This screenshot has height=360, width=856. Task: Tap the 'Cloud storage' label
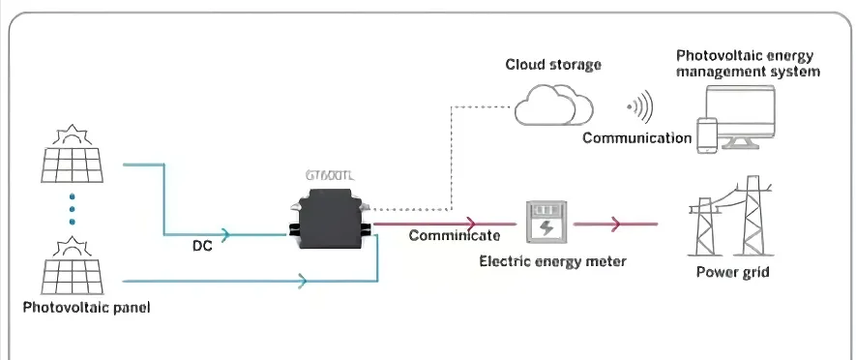[x=553, y=65]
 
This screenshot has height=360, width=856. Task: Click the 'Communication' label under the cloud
[x=636, y=138]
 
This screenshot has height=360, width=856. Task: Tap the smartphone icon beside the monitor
[x=708, y=135]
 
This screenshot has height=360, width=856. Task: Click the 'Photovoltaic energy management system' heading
[x=748, y=64]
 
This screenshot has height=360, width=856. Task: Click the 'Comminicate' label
[x=454, y=235]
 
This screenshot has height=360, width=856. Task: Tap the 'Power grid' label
[x=733, y=272]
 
